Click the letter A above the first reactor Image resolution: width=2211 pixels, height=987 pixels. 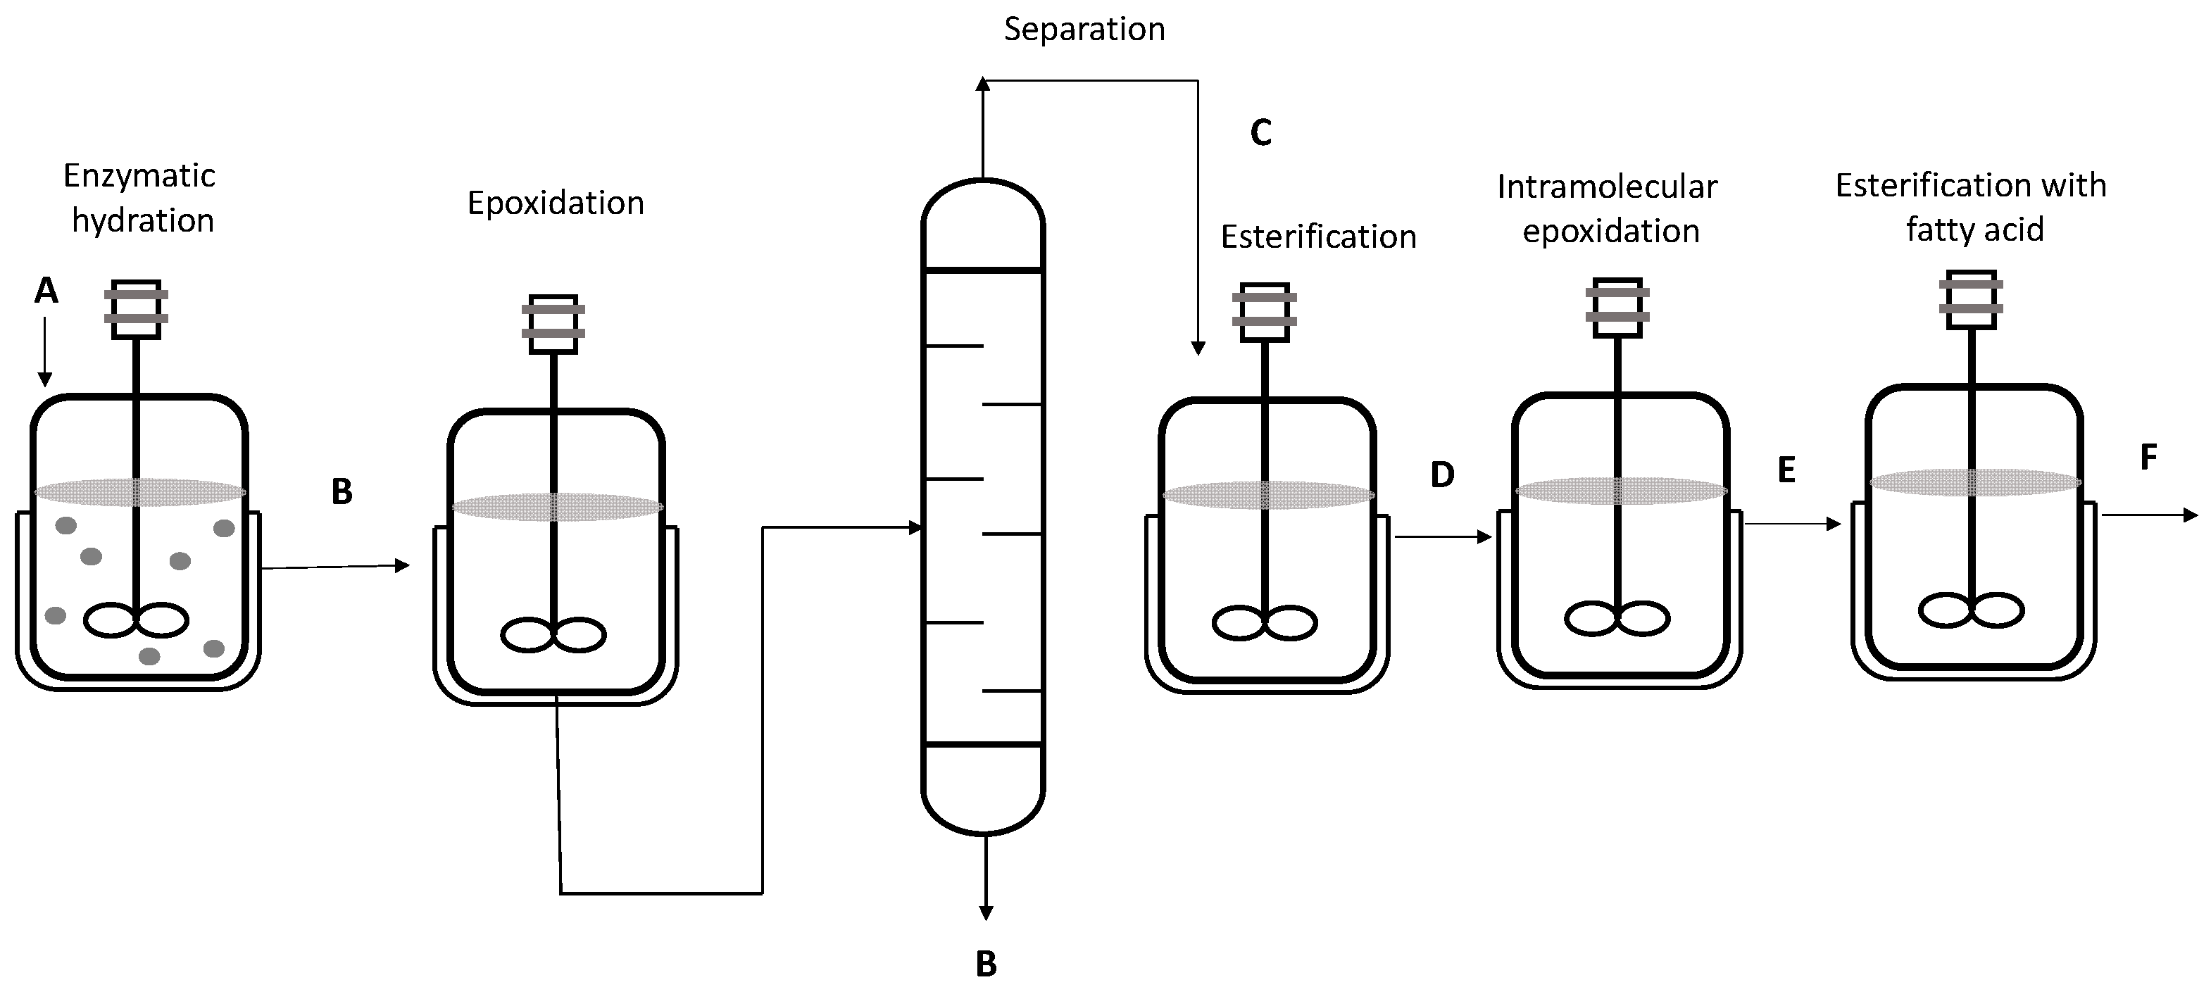46,291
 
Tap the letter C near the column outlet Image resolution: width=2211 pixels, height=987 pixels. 1260,133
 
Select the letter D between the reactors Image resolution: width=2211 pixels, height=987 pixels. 1442,474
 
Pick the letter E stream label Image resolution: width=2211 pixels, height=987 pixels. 1786,470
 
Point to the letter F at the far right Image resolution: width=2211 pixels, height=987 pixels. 2148,458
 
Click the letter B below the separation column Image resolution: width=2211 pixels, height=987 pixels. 987,964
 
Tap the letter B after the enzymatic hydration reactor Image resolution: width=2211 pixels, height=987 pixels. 342,492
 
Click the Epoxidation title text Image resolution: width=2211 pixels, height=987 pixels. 556,203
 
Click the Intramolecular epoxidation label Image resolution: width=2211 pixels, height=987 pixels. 1608,208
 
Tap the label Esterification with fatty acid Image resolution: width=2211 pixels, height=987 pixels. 1972,207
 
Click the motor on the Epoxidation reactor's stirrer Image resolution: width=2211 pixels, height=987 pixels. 553,324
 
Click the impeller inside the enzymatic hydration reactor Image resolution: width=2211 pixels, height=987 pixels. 136,620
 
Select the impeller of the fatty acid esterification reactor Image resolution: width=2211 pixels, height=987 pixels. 1972,610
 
